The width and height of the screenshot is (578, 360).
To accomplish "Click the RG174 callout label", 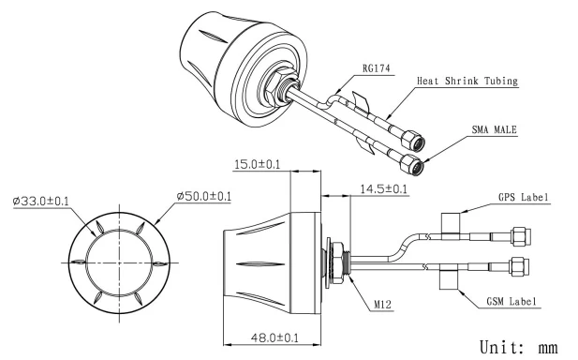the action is coord(376,68).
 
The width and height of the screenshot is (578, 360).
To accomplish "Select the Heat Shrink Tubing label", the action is coord(467,81).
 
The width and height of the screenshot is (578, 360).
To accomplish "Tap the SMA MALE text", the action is coord(494,129).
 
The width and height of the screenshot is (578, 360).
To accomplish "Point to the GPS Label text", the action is coord(523,197).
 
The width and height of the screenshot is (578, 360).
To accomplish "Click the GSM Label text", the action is coord(511,301).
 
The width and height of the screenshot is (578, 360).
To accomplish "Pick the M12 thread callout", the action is coord(382,305).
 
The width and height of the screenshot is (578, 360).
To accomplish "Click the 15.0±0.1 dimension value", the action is coord(257,164).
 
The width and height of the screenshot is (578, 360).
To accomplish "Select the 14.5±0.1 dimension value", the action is coord(383,189).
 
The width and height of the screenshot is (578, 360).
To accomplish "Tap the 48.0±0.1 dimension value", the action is coord(274,337).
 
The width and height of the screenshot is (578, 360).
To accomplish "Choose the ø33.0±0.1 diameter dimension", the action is coord(40,201).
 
